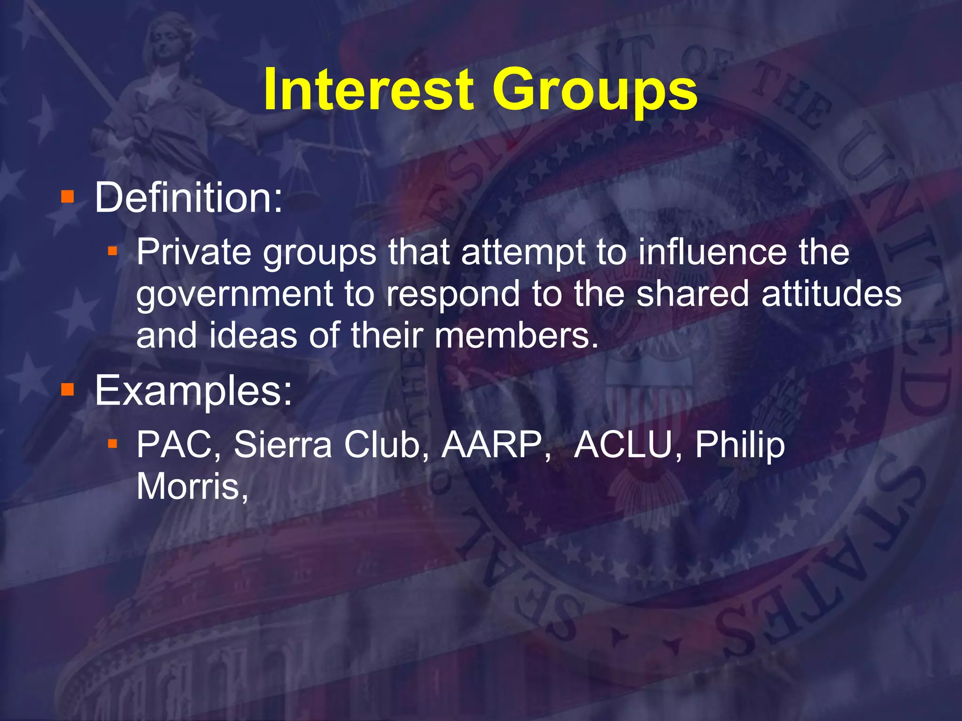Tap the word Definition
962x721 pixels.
tap(188, 198)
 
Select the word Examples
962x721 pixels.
tap(193, 391)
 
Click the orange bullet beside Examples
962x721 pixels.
tap(68, 389)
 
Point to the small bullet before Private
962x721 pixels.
tap(112, 252)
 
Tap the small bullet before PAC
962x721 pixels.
tap(112, 443)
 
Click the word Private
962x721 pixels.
tap(194, 253)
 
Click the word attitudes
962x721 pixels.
tap(831, 294)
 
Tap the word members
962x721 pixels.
tap(516, 335)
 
